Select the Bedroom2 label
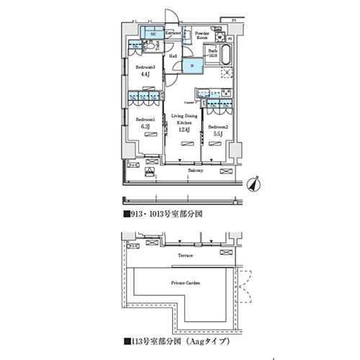coord(217,125)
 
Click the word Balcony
coord(194,171)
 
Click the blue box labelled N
coord(193,67)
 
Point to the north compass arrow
coord(252,184)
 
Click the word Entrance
coord(173,33)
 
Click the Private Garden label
coord(185,284)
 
